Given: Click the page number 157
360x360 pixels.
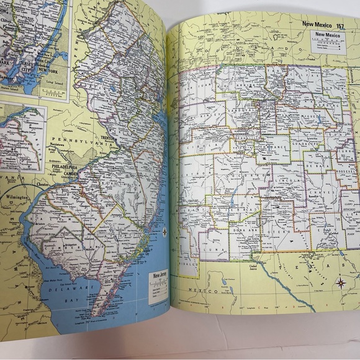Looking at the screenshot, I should [340, 25].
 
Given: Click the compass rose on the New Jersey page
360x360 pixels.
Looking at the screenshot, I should [164, 232].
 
